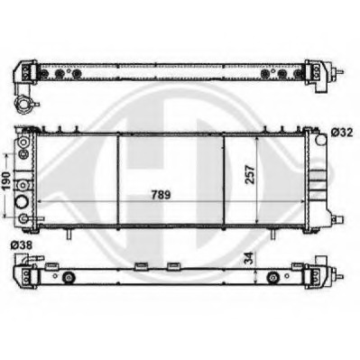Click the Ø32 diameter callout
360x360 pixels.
[341, 134]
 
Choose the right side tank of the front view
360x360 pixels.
[318, 180]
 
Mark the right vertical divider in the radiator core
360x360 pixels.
[224, 180]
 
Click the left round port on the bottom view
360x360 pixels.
[66, 275]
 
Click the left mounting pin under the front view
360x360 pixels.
[68, 235]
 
